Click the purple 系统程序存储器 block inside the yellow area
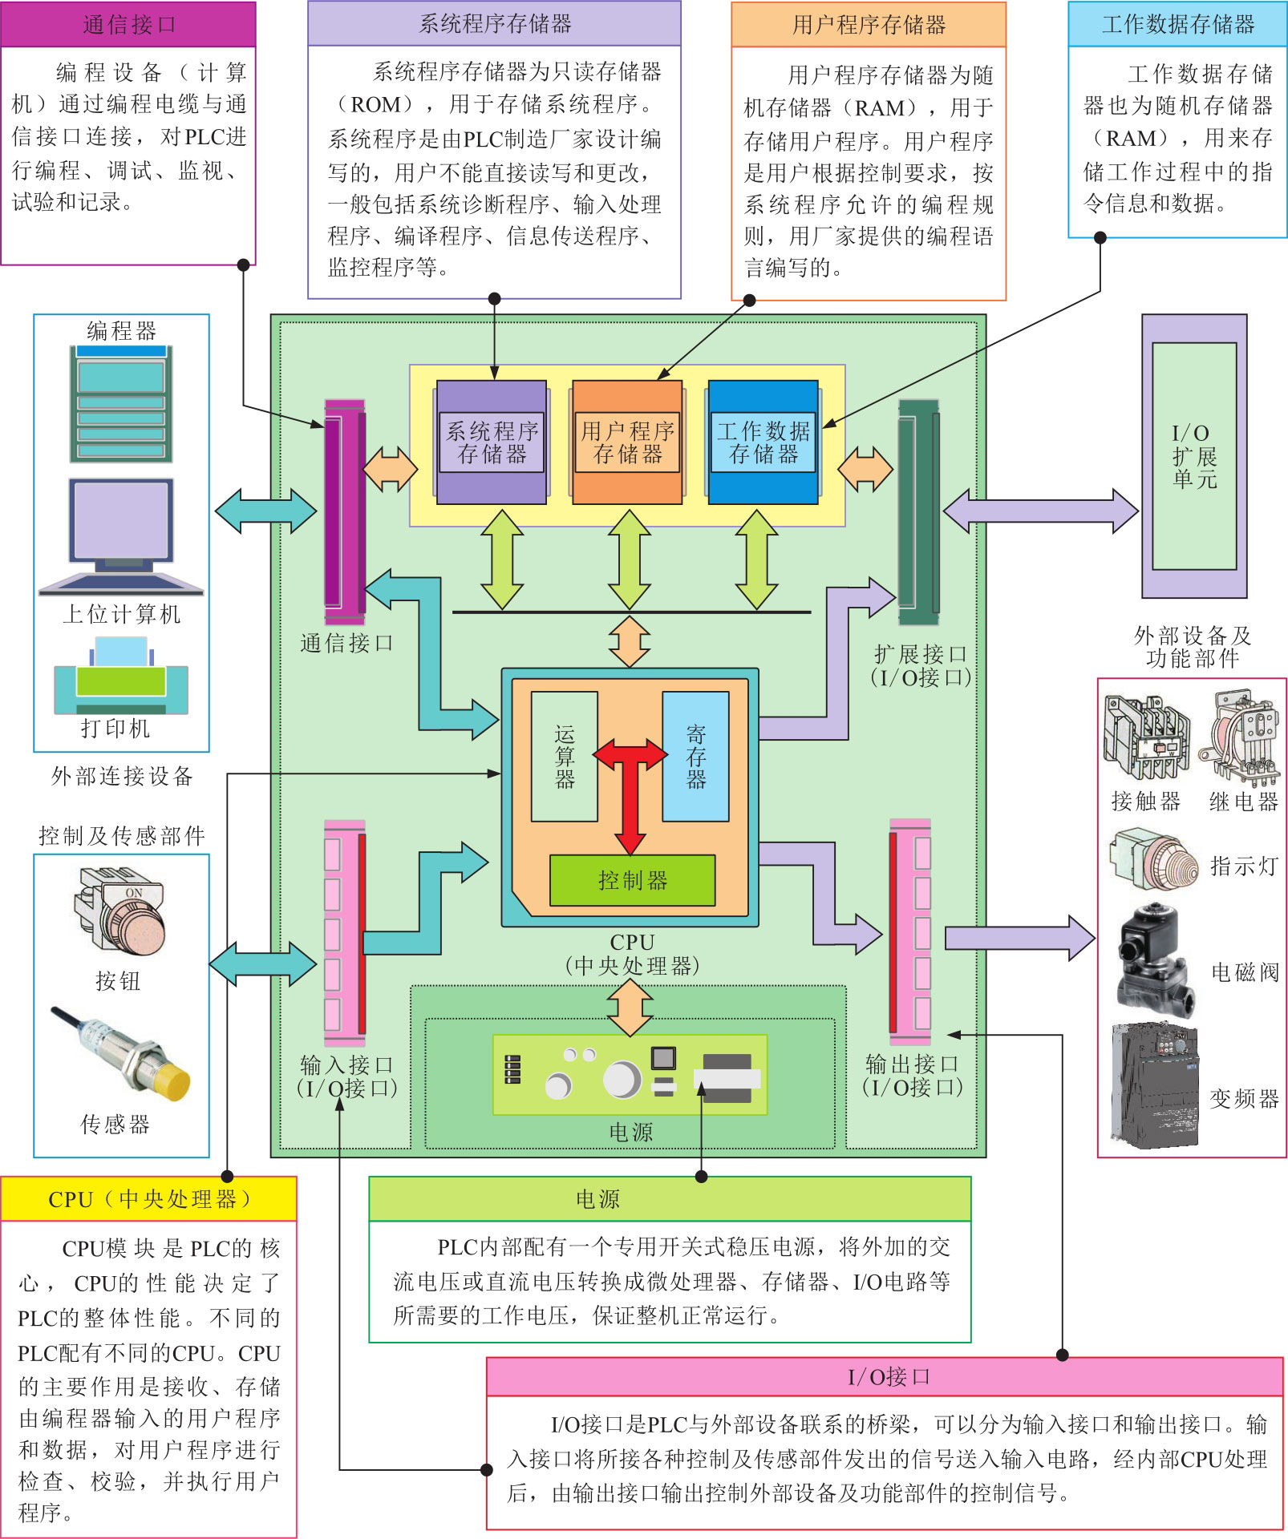pos(492,442)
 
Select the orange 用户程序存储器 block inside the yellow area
pos(627,442)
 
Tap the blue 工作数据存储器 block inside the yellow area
pos(763,442)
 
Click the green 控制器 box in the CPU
pos(632,880)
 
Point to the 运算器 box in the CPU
pos(565,756)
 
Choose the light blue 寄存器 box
pos(695,756)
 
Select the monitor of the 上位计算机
pos(121,521)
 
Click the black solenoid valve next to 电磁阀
pos(1156,962)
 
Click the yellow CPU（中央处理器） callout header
pos(149,1199)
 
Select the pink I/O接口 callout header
pos(885,1376)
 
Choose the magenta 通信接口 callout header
pos(128,25)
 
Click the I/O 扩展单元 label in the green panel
pos(1194,456)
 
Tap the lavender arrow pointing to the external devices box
pos(1019,937)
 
